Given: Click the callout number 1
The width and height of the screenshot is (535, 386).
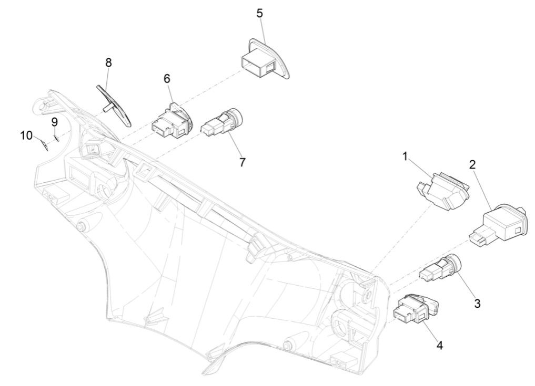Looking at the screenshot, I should (405, 156).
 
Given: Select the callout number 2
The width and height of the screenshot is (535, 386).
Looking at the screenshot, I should (472, 164).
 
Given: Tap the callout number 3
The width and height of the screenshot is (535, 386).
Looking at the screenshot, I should (477, 303).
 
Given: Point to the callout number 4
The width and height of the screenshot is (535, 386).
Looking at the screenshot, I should (439, 346).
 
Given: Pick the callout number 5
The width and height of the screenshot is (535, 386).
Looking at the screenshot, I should (260, 13).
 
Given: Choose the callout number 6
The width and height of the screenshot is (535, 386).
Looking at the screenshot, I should (167, 79).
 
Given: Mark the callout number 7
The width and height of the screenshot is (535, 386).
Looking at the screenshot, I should (242, 162).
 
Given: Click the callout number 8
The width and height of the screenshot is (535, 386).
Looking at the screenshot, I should (108, 62).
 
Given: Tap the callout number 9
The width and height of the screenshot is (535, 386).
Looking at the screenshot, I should (54, 122).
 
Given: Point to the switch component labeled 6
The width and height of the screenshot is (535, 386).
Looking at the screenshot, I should (171, 120).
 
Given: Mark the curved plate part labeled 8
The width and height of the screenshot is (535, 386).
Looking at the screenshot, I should (113, 103).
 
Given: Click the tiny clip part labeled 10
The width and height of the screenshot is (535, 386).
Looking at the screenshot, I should (45, 144).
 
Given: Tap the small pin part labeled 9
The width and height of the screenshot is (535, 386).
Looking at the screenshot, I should (55, 138).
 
